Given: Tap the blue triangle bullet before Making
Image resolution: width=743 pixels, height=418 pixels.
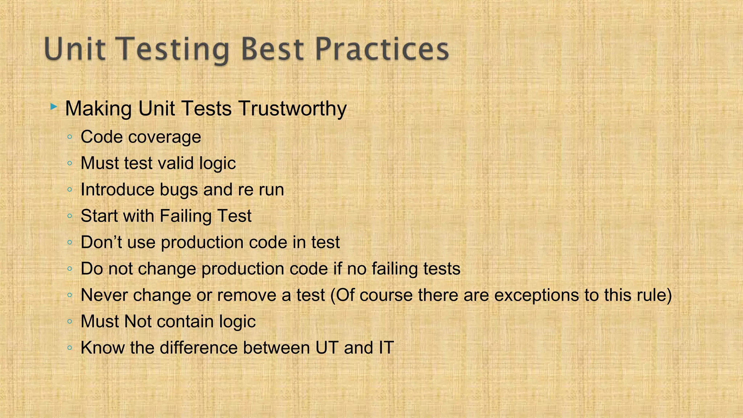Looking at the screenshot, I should pos(54,107).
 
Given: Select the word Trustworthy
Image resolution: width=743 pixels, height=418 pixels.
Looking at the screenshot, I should pos(292,108).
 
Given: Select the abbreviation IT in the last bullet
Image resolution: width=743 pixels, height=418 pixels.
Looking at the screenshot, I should pos(386,348).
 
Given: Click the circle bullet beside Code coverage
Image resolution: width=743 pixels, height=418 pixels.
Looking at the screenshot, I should pos(70,137).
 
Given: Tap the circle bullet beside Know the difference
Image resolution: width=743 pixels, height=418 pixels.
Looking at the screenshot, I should pos(70,348).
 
